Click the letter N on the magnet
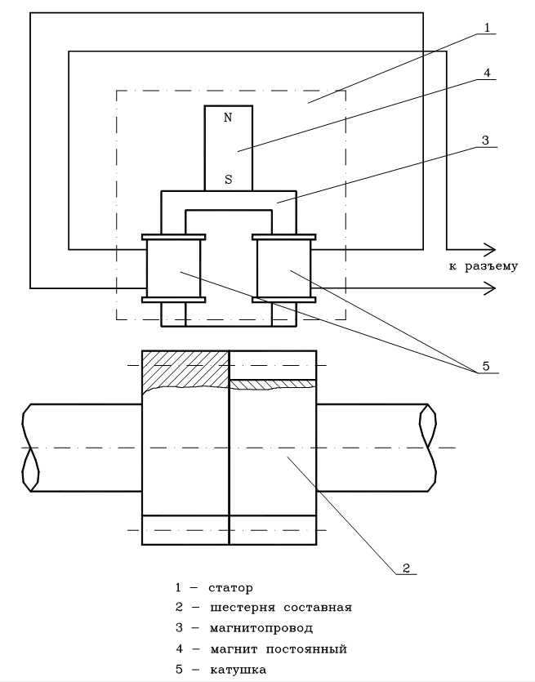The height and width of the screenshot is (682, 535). [228, 118]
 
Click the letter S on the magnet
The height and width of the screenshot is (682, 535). [229, 179]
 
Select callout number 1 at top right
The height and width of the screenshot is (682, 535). [487, 28]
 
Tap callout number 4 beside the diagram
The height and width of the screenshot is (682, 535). [487, 73]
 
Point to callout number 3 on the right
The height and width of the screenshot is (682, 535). [485, 140]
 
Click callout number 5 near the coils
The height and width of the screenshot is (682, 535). [486, 366]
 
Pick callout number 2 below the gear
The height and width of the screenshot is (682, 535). [406, 568]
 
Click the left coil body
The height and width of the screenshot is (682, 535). [173, 269]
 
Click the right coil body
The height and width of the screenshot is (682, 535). [284, 269]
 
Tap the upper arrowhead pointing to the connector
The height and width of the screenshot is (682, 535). [490, 250]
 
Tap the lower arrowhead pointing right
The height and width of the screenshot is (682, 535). [490, 288]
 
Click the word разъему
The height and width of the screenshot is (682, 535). [492, 266]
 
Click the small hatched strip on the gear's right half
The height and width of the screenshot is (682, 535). [273, 385]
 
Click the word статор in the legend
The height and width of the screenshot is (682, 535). [230, 588]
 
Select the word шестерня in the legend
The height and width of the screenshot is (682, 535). [243, 607]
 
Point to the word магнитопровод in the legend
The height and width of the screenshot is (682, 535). [261, 628]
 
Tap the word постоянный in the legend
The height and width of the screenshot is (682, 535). [306, 649]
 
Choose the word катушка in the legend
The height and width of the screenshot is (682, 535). [238, 670]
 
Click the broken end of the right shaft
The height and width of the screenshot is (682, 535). [427, 448]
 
